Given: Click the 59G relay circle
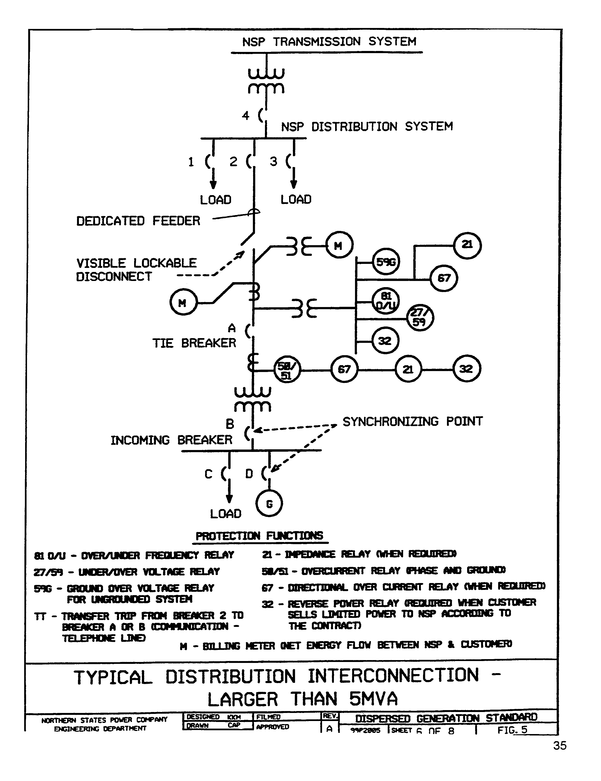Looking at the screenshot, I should (385, 262).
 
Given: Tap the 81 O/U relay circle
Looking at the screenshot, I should (385, 301).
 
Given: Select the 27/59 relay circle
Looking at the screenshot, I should (420, 317).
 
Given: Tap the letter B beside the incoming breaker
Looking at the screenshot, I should (230, 424).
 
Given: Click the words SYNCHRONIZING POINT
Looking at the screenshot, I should (413, 422).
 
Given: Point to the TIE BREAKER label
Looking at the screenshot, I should (194, 343).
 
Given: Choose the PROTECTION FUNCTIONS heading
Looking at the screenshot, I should (260, 536).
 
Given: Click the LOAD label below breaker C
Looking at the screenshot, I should (226, 514).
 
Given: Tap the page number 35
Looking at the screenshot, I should (560, 746).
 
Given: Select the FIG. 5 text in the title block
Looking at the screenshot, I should (512, 730).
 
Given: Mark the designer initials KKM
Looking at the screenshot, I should (234, 717).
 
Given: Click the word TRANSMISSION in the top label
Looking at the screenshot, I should (317, 42).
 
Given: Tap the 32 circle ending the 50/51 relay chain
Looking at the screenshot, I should (466, 369).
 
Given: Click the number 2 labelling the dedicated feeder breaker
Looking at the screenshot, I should (233, 162).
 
